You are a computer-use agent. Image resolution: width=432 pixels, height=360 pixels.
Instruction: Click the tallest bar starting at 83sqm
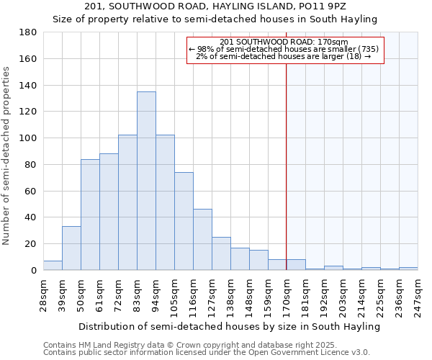146,181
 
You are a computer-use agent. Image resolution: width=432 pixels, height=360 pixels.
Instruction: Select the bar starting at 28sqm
53,266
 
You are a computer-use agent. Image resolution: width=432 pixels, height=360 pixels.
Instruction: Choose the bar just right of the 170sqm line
296,265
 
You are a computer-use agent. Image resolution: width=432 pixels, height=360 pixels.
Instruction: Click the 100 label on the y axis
30,138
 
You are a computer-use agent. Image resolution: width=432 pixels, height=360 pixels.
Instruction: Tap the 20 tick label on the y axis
32,244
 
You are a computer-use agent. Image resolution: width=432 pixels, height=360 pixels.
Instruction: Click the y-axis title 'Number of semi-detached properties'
7,155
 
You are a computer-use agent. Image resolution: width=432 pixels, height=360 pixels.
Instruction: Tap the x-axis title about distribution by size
229,326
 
